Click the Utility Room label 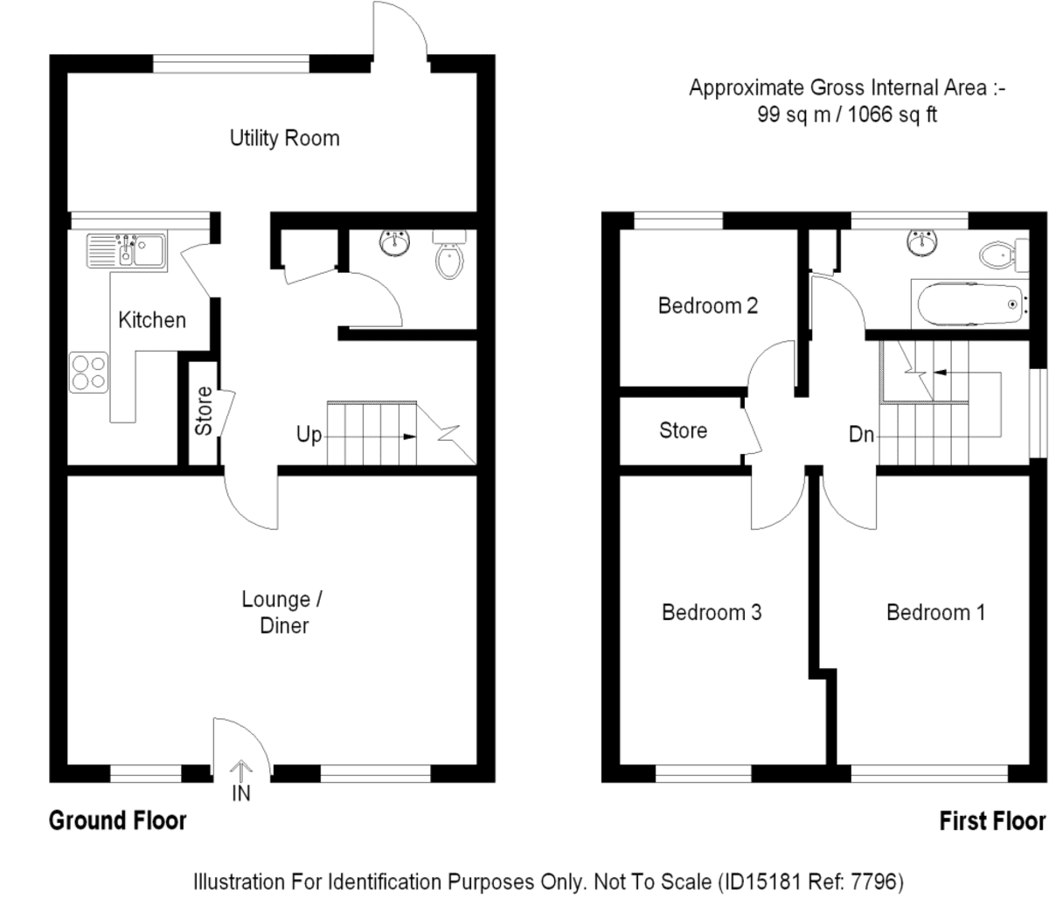pyautogui.click(x=284, y=138)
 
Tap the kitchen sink pyautogui.click(x=127, y=250)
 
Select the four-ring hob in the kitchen pyautogui.click(x=89, y=373)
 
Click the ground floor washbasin pyautogui.click(x=394, y=243)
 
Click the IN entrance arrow pyautogui.click(x=240, y=772)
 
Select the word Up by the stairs pyautogui.click(x=309, y=435)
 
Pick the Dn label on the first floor pyautogui.click(x=861, y=435)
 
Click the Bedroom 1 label pyautogui.click(x=935, y=612)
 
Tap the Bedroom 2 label pyautogui.click(x=708, y=306)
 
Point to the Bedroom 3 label pyautogui.click(x=712, y=612)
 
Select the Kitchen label pyautogui.click(x=152, y=320)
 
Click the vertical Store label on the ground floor pyautogui.click(x=204, y=411)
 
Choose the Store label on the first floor pyautogui.click(x=683, y=430)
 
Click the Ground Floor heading pyautogui.click(x=117, y=820)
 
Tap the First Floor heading pyautogui.click(x=992, y=820)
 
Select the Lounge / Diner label pyautogui.click(x=282, y=612)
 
